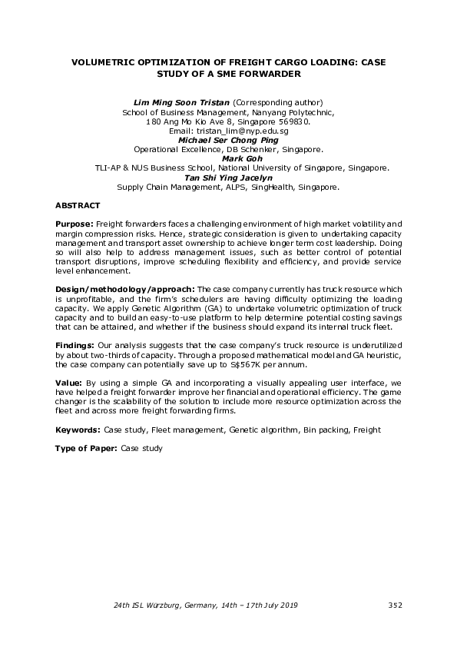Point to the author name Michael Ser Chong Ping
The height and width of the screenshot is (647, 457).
pyautogui.click(x=228, y=141)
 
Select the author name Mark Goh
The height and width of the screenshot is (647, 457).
pyautogui.click(x=228, y=159)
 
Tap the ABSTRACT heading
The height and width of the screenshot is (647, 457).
pyautogui.click(x=77, y=206)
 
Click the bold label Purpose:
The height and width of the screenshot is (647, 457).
pyautogui.click(x=75, y=221)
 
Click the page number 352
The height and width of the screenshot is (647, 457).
pyautogui.click(x=395, y=606)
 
